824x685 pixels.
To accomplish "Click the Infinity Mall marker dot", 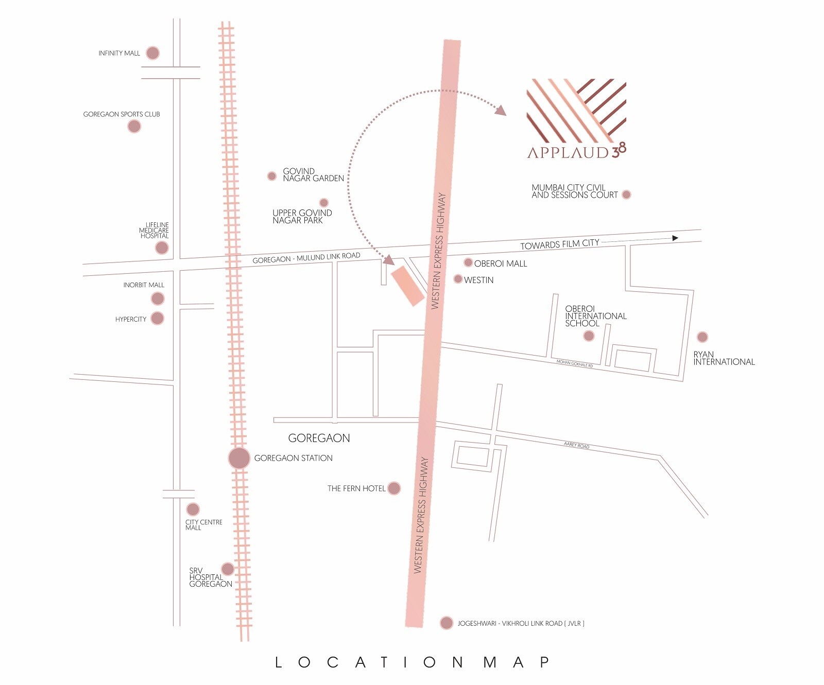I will [x=152, y=53].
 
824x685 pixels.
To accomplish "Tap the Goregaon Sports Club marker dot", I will [x=134, y=126].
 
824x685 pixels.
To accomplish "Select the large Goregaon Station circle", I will [x=239, y=458].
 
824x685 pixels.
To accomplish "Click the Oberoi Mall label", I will [x=500, y=264].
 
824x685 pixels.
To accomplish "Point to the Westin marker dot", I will [x=458, y=279].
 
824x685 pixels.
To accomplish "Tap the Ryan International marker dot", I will [x=702, y=337].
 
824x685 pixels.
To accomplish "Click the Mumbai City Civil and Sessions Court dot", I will [x=626, y=195].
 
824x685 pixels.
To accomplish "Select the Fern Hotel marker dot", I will [x=394, y=488].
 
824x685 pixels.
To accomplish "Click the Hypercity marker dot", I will [x=157, y=319].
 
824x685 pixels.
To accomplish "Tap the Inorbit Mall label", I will [x=144, y=285].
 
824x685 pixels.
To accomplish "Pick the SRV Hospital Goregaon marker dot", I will [x=227, y=569].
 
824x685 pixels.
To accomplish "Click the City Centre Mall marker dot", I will [x=193, y=510].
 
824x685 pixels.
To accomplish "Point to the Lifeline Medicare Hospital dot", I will [x=162, y=248].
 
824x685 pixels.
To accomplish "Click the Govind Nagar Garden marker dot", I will [x=272, y=176].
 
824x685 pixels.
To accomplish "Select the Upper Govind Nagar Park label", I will [x=302, y=216].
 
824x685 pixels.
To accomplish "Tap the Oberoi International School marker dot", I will [x=589, y=336].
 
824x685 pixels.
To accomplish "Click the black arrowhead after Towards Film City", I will [x=675, y=238].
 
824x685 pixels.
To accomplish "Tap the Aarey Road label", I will [x=576, y=445].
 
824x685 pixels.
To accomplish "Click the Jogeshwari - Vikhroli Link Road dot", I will [x=447, y=623].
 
